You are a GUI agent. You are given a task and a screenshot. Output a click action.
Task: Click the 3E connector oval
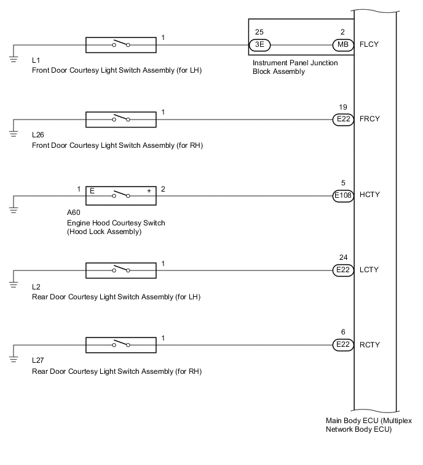(259, 45)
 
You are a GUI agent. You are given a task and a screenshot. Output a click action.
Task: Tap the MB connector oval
(341, 45)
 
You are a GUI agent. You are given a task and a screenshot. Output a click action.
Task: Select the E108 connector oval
(342, 196)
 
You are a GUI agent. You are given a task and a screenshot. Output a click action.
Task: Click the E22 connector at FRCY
(342, 120)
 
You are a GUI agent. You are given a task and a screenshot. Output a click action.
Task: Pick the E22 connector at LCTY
(342, 270)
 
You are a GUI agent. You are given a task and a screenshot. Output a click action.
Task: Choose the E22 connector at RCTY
(342, 345)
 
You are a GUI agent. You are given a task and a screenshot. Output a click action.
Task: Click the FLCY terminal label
(368, 45)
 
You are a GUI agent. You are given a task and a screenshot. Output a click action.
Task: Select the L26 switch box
(120, 120)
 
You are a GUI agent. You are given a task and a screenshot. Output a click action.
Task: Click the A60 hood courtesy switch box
(120, 196)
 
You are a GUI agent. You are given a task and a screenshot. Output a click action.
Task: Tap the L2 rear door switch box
(120, 270)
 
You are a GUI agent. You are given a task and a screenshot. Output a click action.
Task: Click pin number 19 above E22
(342, 107)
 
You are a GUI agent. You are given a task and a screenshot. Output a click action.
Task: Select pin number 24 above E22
(342, 257)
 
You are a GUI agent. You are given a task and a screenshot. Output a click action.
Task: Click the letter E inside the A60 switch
(91, 190)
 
